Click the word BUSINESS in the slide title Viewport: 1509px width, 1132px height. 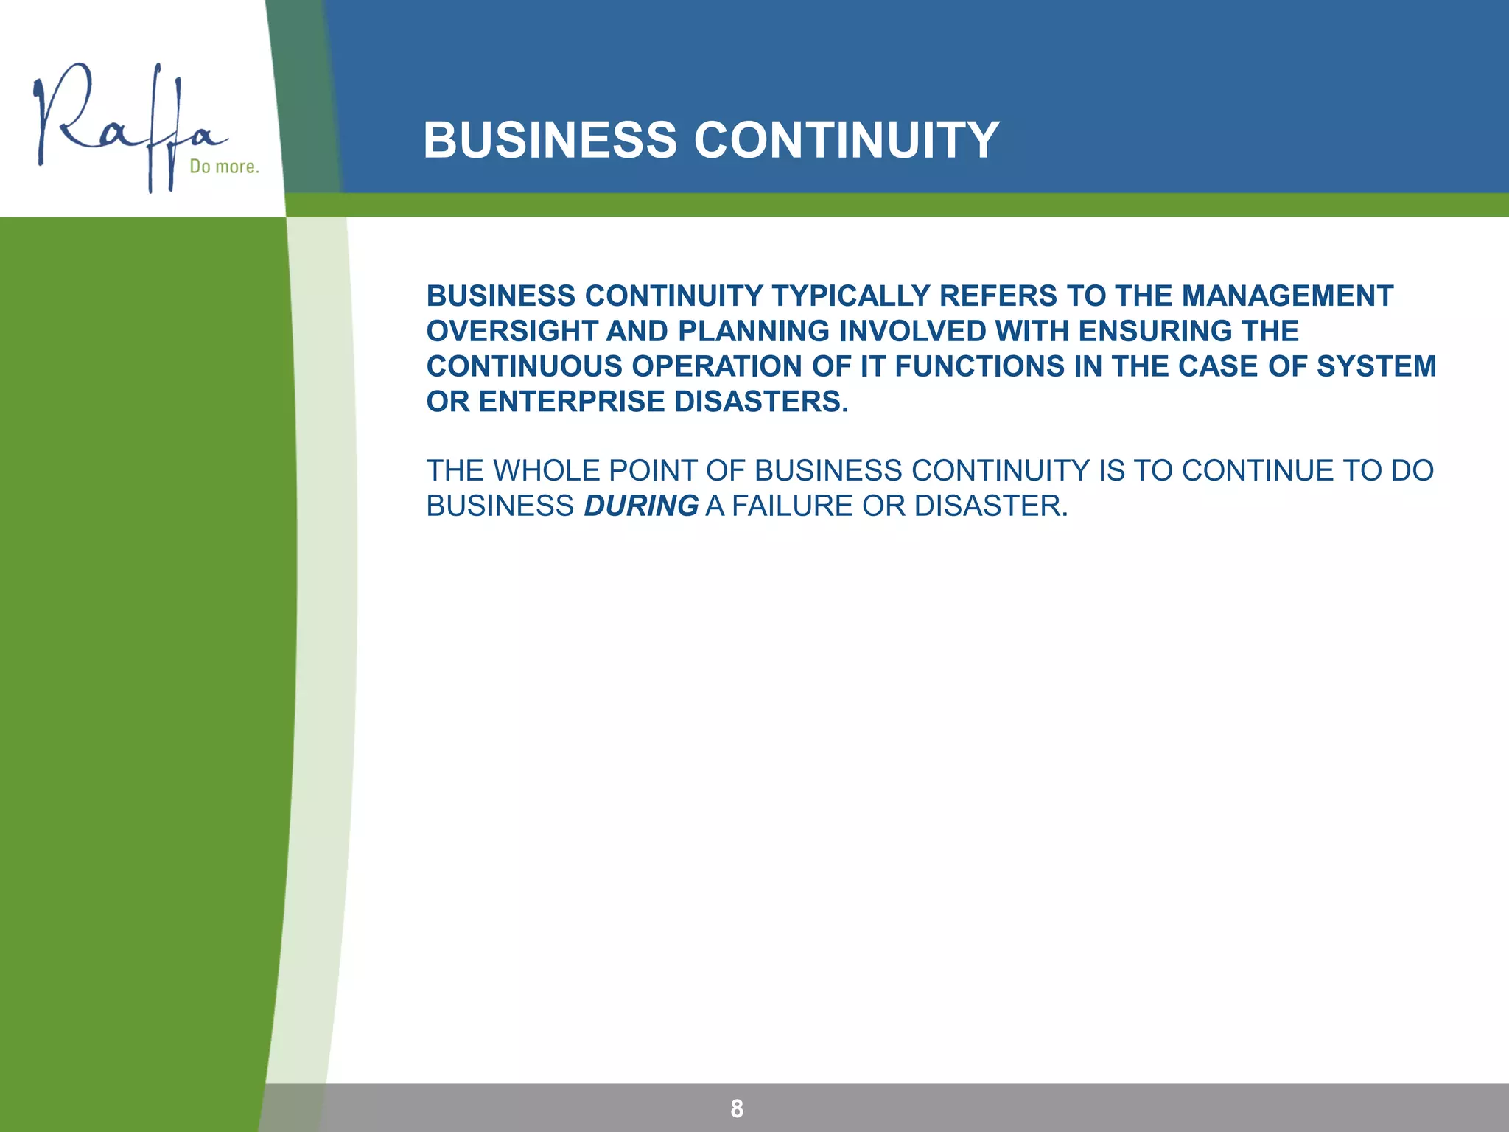coord(550,140)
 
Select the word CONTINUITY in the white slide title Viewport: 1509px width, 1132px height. coord(847,140)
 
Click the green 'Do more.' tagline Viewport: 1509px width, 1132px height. coord(224,167)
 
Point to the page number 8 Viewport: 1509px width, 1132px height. coord(737,1108)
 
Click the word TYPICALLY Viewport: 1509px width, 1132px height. coord(850,296)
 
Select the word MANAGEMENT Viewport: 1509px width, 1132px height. coord(1287,296)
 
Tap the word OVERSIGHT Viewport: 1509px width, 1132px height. coord(512,332)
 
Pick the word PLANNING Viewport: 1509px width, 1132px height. coord(754,332)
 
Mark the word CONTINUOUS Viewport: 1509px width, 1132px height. coord(525,366)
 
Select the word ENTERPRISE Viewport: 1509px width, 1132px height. coord(572,402)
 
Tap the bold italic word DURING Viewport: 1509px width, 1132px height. coord(641,506)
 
